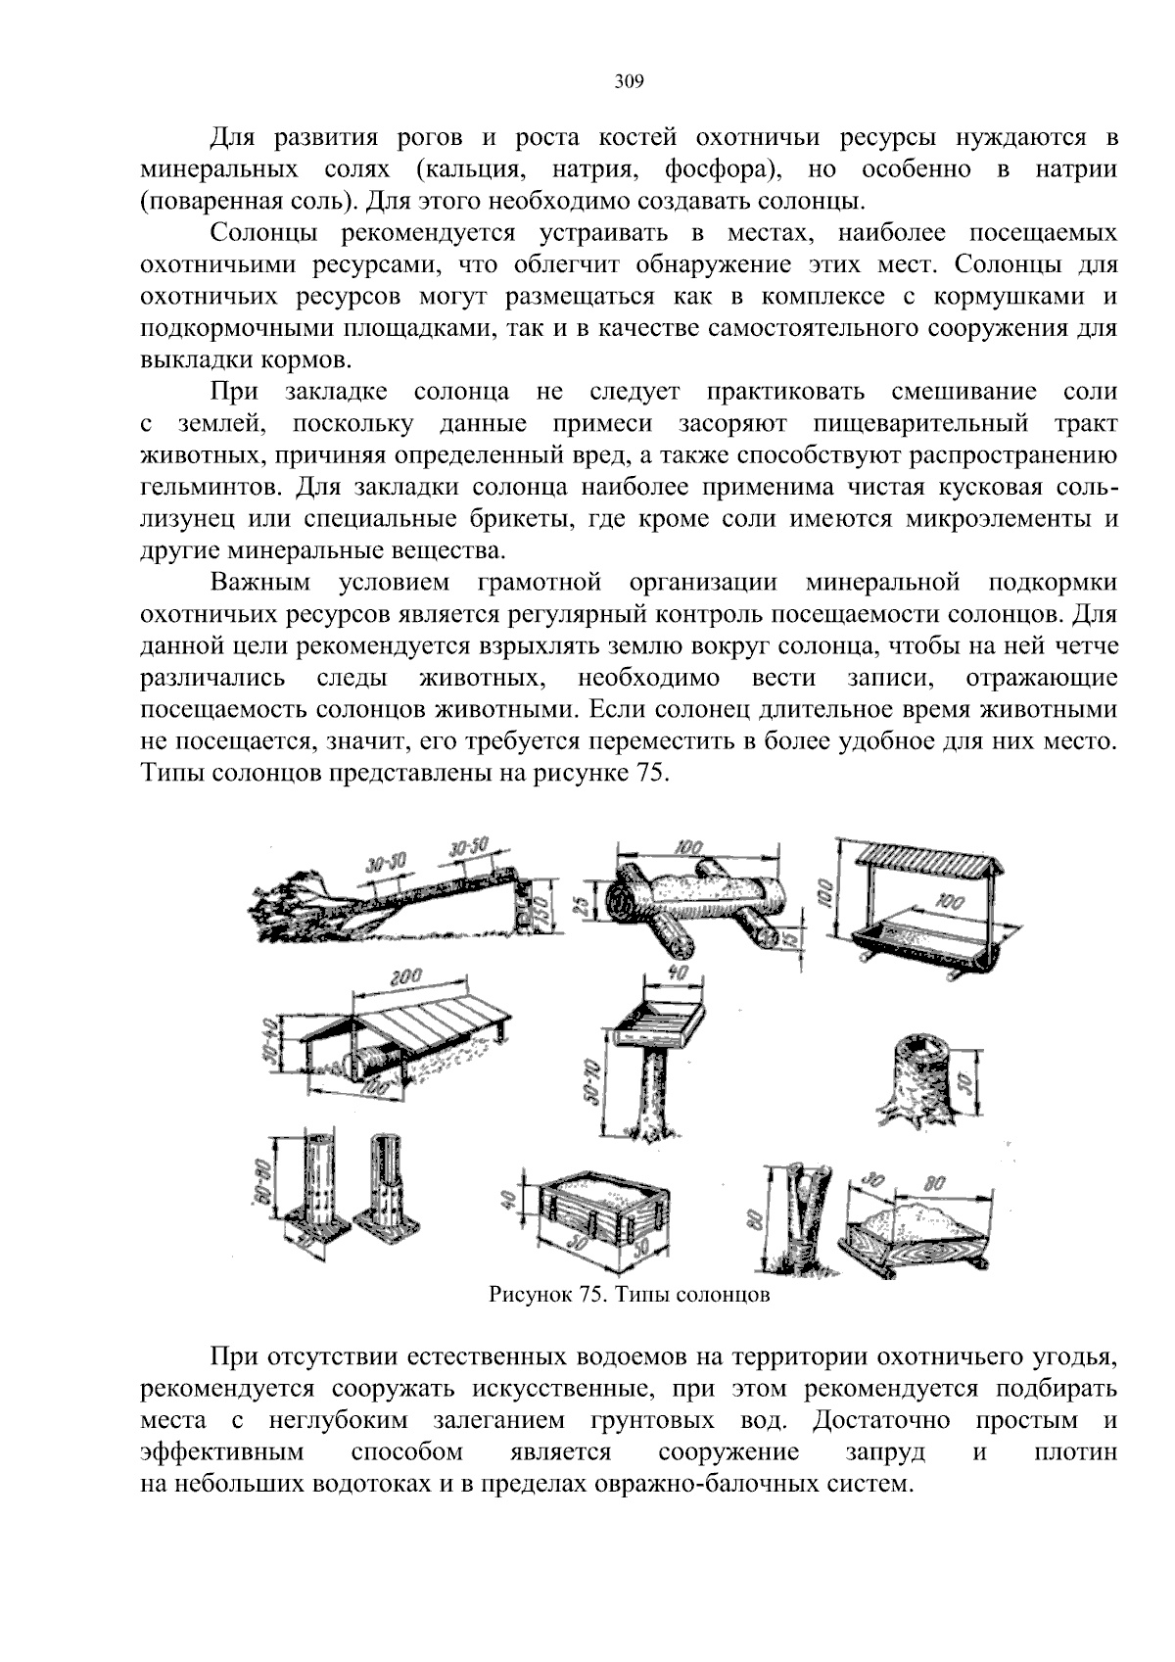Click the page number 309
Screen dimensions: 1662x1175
point(629,82)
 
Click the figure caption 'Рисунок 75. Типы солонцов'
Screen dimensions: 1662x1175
point(630,1296)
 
